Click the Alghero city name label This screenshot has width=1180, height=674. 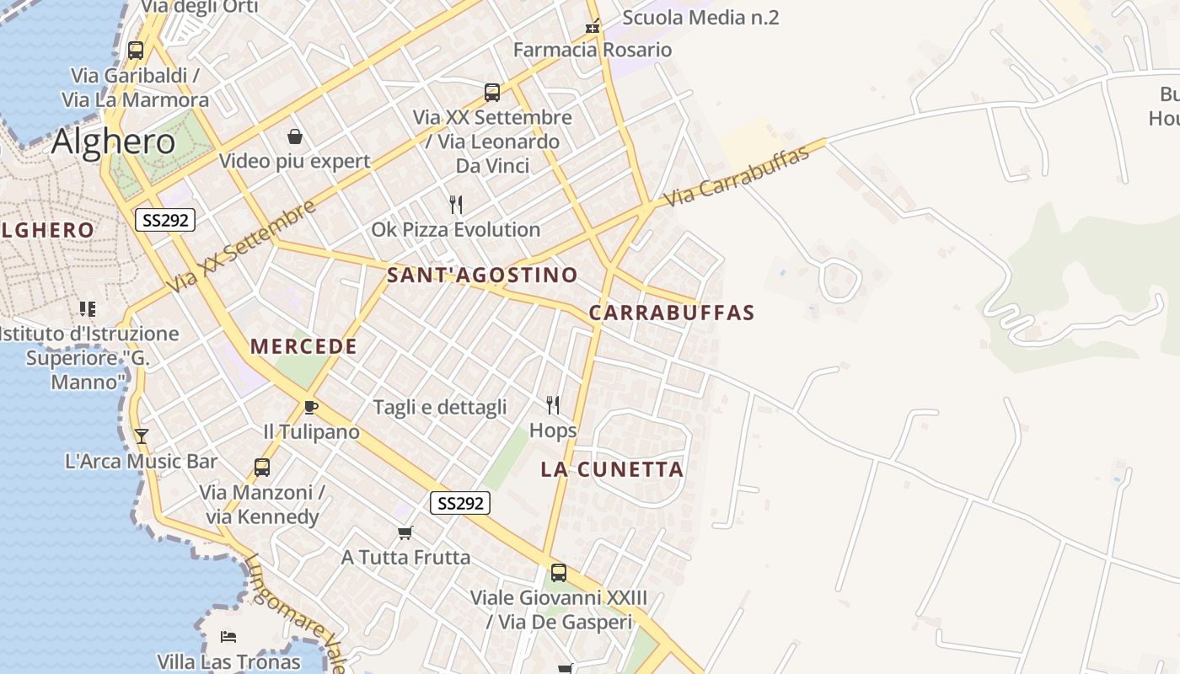[x=113, y=142]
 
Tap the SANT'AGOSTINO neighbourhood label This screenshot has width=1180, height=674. [x=482, y=275]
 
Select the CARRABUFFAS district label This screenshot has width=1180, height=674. [x=671, y=313]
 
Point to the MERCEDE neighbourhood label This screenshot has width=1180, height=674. [x=303, y=346]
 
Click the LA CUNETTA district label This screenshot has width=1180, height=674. [x=612, y=469]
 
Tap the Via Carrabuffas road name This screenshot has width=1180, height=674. [x=736, y=176]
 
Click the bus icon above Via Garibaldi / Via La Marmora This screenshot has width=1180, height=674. [x=135, y=51]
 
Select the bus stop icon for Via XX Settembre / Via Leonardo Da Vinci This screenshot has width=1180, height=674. [x=492, y=93]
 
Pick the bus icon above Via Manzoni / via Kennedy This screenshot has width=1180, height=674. [x=262, y=467]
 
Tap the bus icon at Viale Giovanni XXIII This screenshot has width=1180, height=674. [x=558, y=573]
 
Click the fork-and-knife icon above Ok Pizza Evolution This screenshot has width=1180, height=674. [x=456, y=205]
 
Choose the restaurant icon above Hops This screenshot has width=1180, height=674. [x=553, y=405]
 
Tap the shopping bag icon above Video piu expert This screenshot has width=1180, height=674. [x=295, y=136]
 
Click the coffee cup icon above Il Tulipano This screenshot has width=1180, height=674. [x=311, y=408]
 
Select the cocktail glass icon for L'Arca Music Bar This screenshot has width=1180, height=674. [x=142, y=436]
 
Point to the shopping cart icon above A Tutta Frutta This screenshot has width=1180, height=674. [x=405, y=532]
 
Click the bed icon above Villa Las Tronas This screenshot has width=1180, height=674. [x=228, y=636]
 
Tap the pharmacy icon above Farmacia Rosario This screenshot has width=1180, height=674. [x=593, y=26]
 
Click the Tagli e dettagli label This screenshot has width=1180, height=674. [x=440, y=408]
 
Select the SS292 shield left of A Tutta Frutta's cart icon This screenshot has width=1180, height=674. [x=459, y=503]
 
